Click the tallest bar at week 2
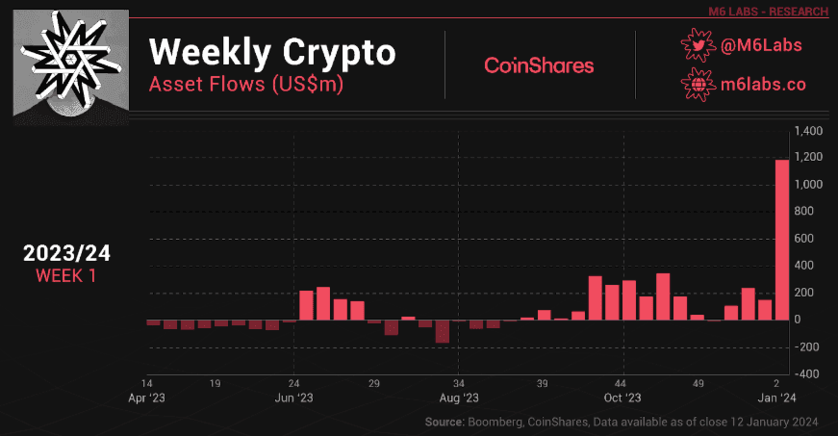[782, 239]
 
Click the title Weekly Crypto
[272, 52]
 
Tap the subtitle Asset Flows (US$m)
[246, 84]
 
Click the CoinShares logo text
[539, 65]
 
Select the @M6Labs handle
[762, 44]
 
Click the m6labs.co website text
[763, 84]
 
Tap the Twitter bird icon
[696, 44]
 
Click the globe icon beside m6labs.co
[696, 84]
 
